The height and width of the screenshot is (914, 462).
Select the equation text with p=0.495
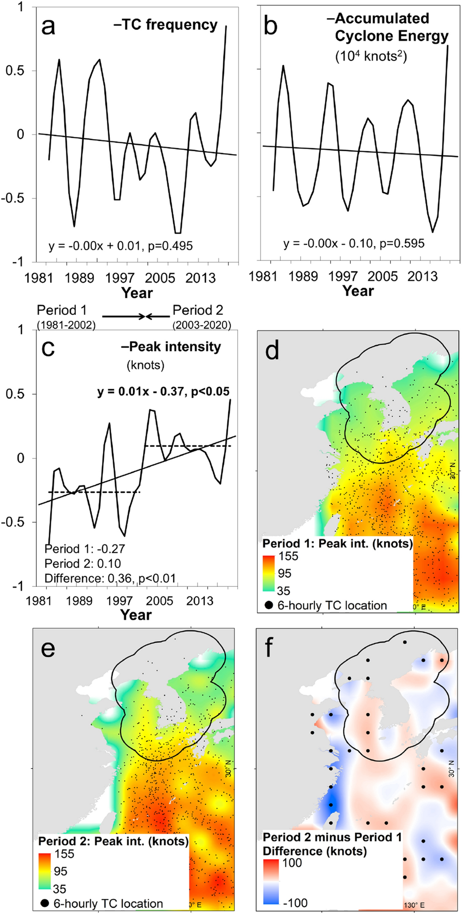point(121,246)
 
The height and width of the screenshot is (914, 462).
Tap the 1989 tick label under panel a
point(79,278)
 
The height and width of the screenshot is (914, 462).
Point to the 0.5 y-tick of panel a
point(14,71)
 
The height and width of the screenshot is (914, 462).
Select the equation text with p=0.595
point(354,244)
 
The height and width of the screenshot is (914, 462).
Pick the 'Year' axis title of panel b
point(358,291)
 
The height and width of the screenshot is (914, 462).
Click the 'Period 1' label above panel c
point(62,311)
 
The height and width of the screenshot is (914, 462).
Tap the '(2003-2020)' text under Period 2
point(202,325)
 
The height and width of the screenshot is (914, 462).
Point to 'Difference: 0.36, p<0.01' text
point(110,579)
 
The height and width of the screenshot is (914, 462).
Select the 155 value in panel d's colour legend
point(288,556)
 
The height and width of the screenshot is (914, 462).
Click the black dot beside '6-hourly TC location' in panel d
point(269,605)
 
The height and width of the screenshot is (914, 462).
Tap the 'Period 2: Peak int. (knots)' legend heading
point(114,841)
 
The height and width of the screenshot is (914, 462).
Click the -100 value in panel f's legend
point(295,903)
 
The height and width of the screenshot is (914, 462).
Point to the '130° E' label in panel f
point(414,905)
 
